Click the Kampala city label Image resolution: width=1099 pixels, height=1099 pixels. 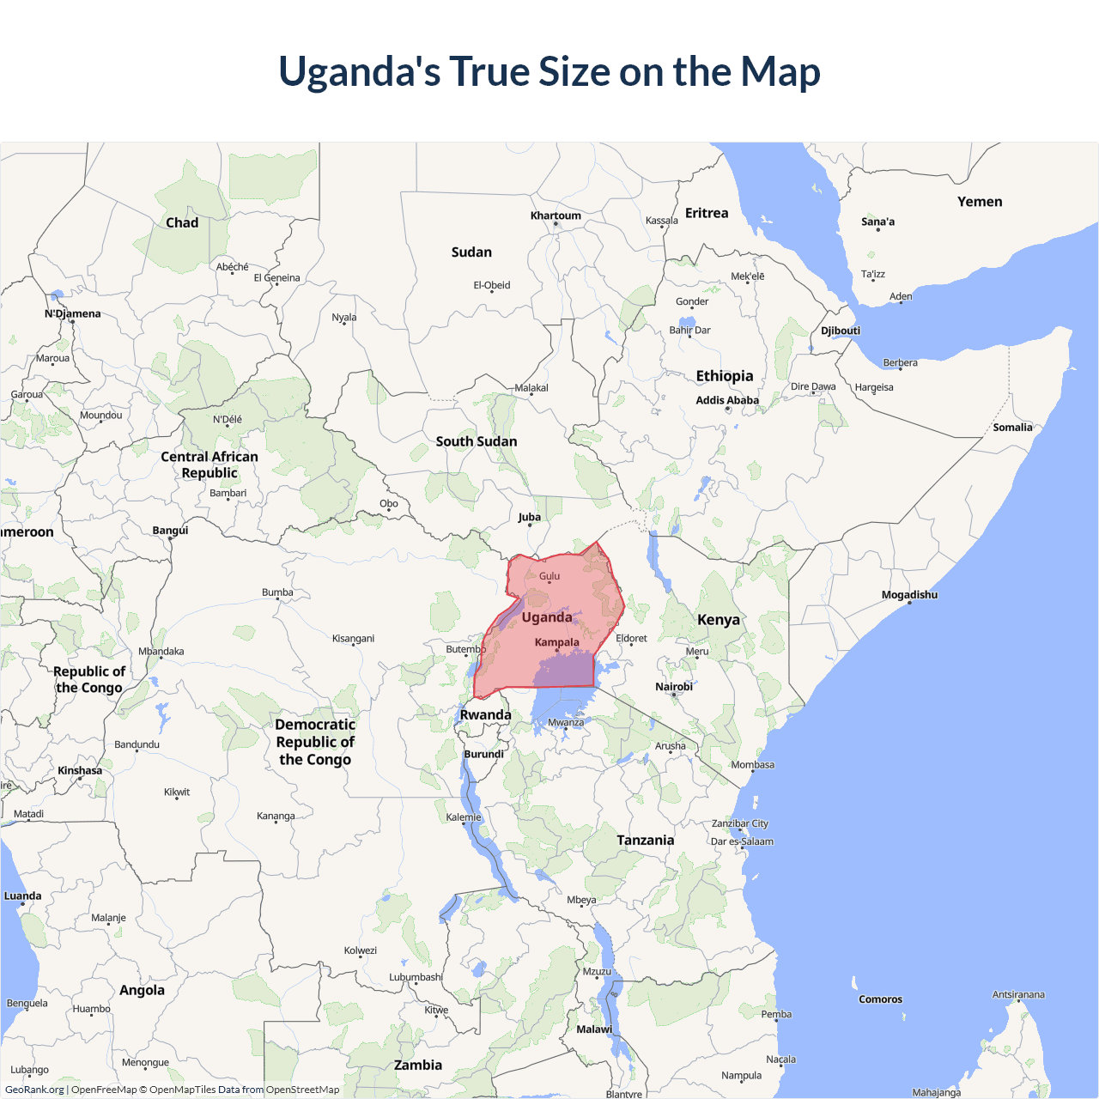[556, 642]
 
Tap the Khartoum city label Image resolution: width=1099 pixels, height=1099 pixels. [556, 216]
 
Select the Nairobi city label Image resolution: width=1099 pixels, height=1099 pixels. [674, 687]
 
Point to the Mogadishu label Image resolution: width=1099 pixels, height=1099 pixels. [909, 595]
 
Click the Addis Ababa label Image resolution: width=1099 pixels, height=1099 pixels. [727, 400]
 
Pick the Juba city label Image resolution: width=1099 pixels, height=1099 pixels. [530, 517]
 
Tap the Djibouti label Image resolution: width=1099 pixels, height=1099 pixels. [841, 331]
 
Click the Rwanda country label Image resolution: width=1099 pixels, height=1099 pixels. [485, 715]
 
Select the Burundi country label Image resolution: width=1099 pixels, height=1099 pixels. [484, 754]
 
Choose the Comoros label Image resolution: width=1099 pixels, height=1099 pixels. [880, 999]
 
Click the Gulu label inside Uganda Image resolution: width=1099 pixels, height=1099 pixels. [549, 576]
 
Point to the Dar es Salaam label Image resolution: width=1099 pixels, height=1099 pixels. [742, 841]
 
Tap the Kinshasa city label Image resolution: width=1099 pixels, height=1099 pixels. [80, 770]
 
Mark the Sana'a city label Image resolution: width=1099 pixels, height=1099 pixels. [877, 222]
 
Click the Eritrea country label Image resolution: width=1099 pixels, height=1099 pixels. [707, 213]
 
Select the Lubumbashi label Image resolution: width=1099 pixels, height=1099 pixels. [416, 977]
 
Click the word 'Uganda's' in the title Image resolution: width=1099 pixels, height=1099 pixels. [359, 71]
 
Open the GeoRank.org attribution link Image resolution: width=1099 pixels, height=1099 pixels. [34, 1090]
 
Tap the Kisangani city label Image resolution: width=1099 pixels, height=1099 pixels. [353, 639]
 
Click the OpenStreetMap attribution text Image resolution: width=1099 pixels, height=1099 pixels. [302, 1090]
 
